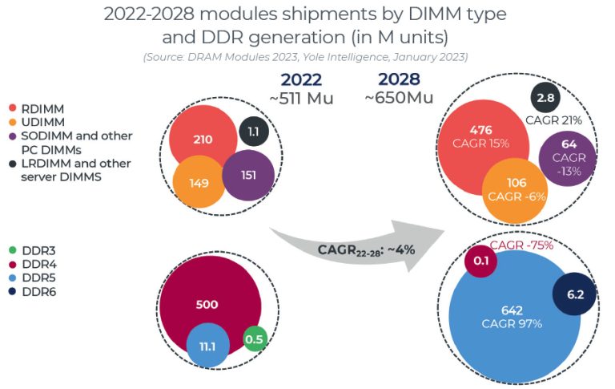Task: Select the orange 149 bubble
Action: [x=199, y=182]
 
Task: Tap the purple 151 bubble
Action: [x=248, y=176]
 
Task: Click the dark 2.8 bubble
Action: [x=545, y=98]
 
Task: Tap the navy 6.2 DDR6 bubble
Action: [x=575, y=295]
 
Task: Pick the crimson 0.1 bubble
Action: [x=481, y=261]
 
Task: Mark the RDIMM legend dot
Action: [x=12, y=108]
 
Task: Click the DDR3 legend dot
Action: [x=12, y=251]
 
